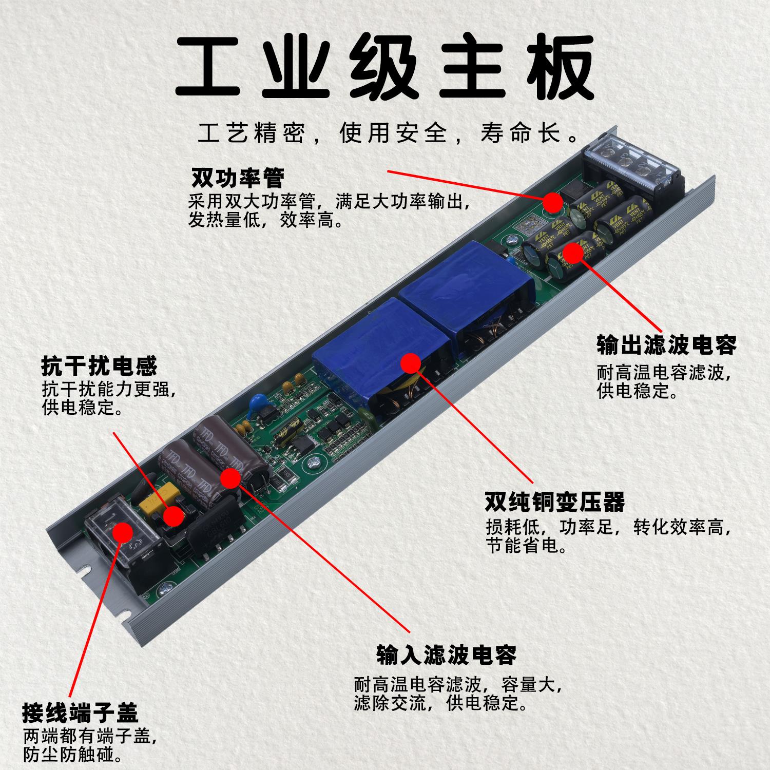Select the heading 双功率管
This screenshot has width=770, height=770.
tap(237, 179)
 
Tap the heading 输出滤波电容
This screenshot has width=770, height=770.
tap(666, 345)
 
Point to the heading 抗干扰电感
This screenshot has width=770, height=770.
tap(99, 367)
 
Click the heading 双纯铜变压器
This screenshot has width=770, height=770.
tap(555, 502)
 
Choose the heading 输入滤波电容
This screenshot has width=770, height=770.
tap(446, 654)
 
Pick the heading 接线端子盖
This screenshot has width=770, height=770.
tap(80, 713)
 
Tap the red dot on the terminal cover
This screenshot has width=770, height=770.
tap(122, 532)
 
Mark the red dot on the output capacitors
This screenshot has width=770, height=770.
tap(572, 253)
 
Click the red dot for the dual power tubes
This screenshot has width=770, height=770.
tap(553, 202)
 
